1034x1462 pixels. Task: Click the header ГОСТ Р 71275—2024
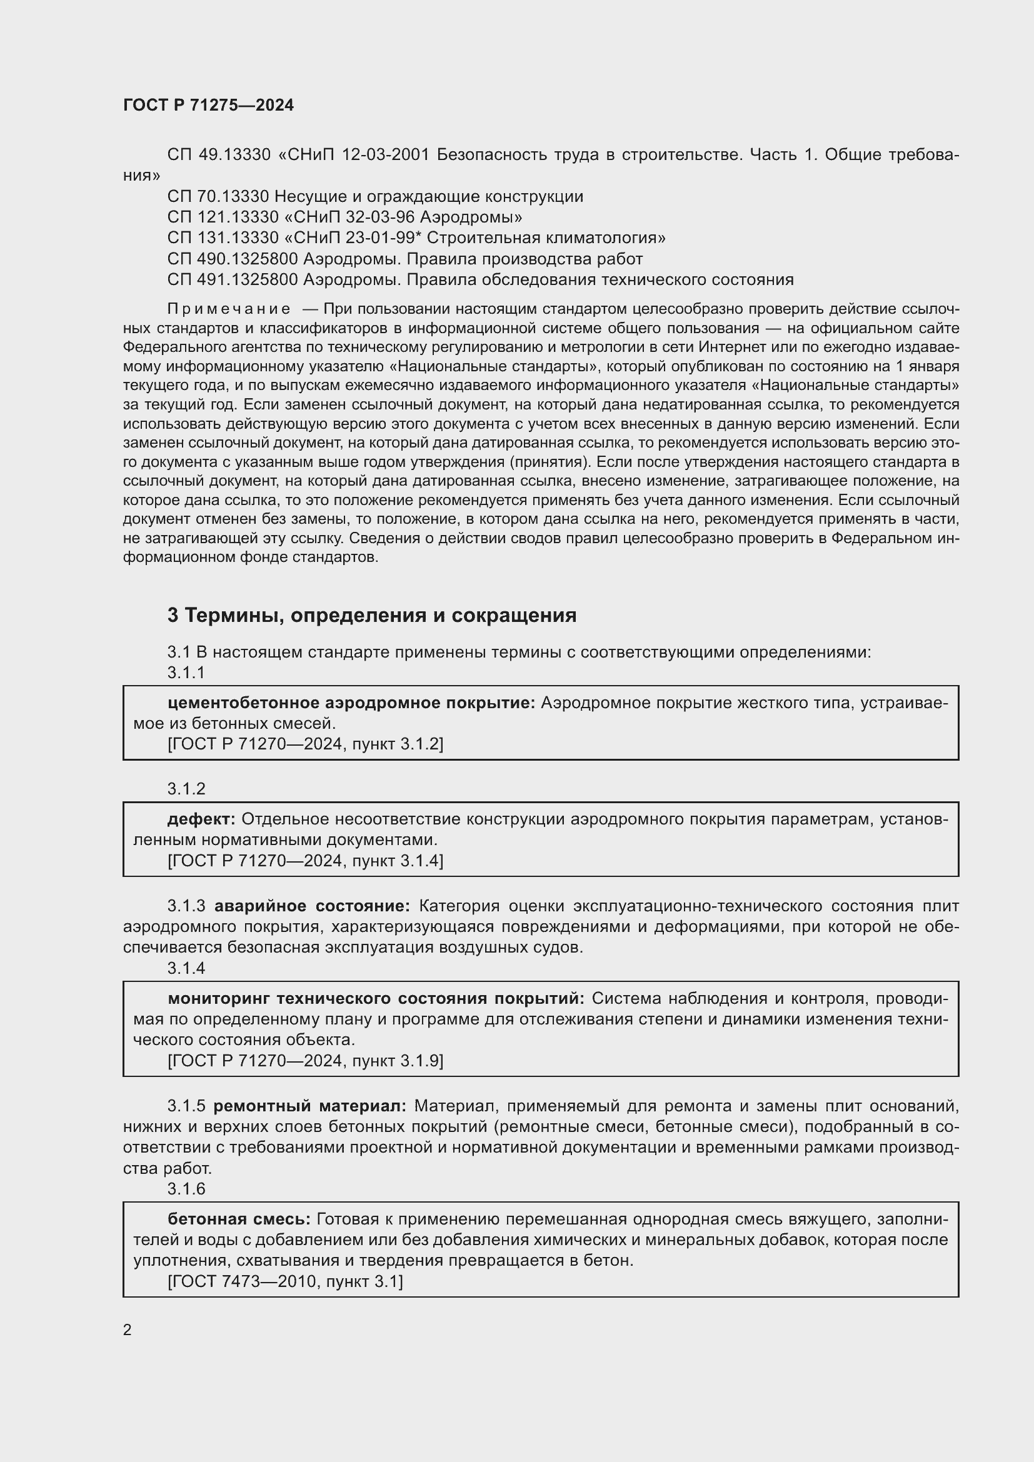tap(208, 105)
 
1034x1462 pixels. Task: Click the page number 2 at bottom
tap(128, 1329)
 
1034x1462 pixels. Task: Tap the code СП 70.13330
tap(218, 197)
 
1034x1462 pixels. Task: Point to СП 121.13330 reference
tap(223, 218)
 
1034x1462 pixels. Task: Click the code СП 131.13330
tap(223, 238)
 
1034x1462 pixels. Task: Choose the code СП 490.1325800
tap(233, 259)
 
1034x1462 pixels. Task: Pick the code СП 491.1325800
tap(233, 280)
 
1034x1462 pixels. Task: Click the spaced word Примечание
tap(229, 309)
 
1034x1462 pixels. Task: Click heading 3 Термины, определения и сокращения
tap(372, 615)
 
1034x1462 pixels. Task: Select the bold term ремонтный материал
tap(309, 1106)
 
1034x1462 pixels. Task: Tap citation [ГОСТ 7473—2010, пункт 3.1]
tap(285, 1281)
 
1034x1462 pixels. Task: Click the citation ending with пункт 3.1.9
tap(305, 1061)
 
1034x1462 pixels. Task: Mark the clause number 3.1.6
tap(186, 1189)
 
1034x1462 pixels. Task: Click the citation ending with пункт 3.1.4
tap(305, 861)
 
